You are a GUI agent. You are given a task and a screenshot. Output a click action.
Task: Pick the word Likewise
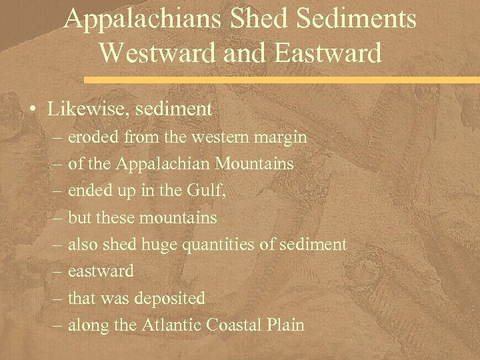point(80,109)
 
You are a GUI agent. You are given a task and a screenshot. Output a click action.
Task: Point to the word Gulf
point(211,191)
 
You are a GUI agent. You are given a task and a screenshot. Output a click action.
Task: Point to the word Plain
point(286,325)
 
